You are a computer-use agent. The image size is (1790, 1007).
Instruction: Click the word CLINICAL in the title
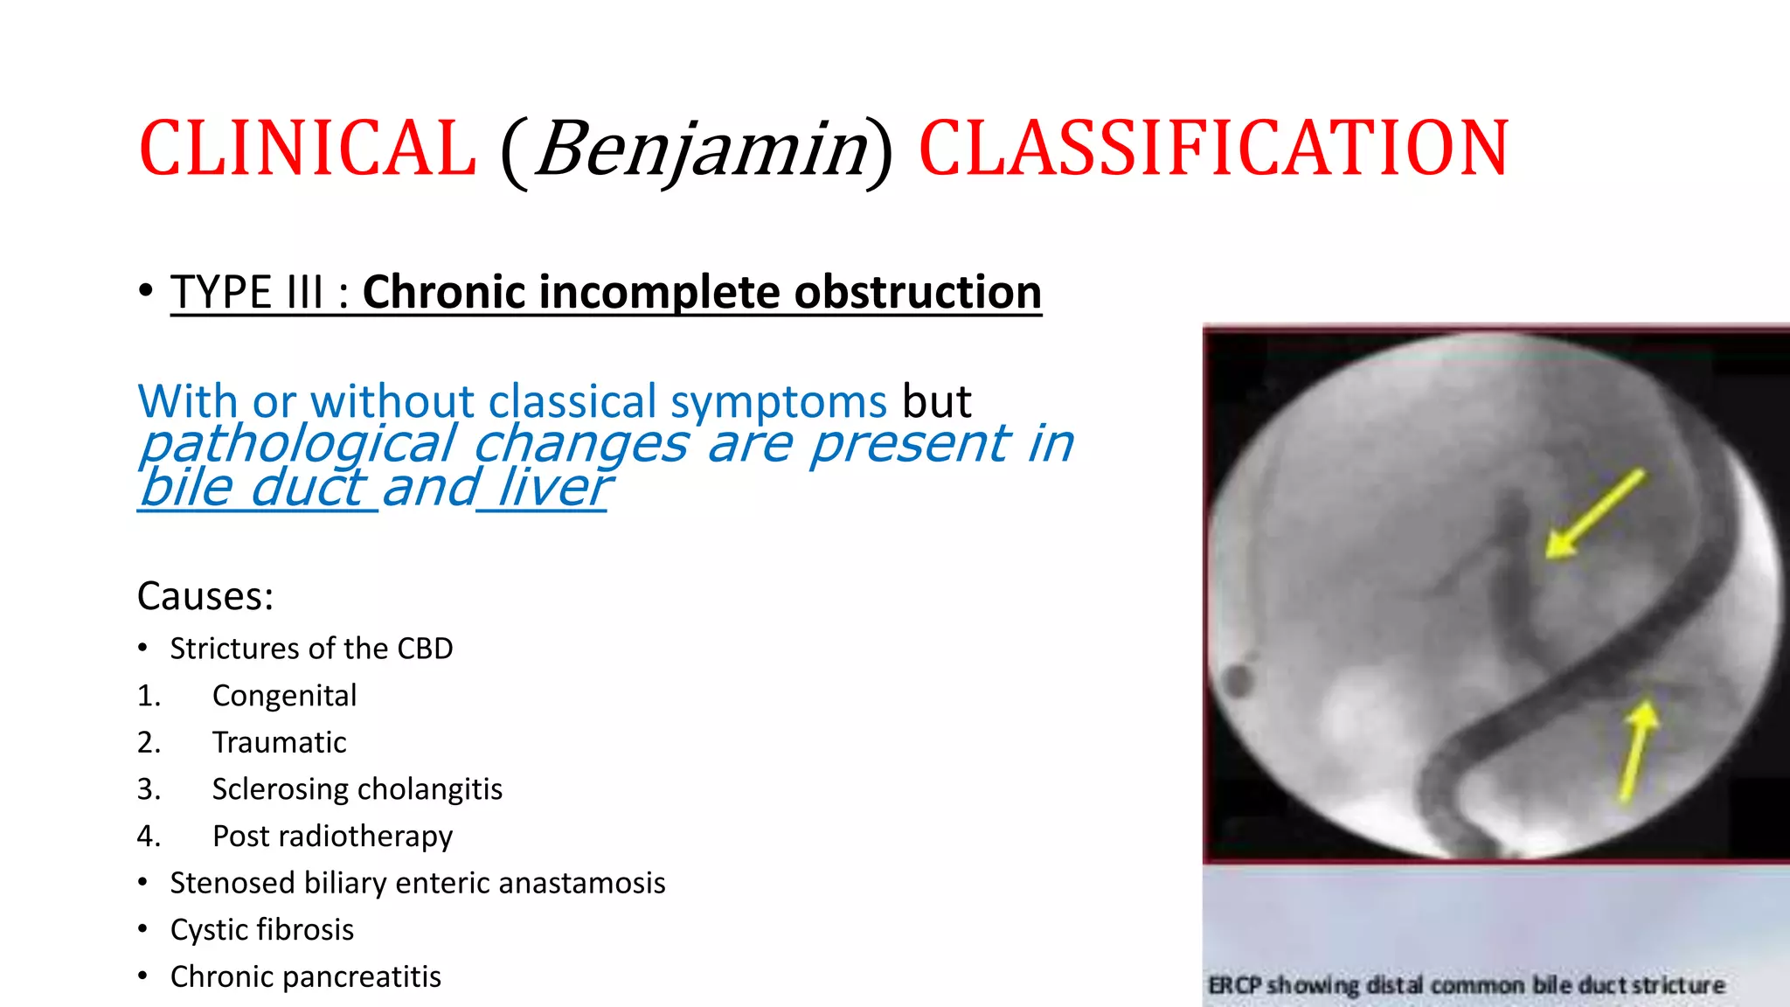308,149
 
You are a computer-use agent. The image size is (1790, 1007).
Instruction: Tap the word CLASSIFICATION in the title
1213,149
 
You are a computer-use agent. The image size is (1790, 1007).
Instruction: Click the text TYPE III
247,292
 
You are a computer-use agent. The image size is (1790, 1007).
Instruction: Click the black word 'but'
936,402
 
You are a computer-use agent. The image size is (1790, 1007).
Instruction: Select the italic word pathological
298,444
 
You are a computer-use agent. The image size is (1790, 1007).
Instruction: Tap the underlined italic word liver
552,488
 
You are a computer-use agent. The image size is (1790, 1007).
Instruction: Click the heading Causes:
205,596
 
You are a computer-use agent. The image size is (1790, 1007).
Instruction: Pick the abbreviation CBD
425,649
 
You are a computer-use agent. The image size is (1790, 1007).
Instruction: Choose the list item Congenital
284,696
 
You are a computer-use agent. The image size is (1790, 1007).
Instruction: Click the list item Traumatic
279,742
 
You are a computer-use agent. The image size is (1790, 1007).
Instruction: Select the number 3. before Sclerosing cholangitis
149,789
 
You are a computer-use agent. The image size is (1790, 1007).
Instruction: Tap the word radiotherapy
366,837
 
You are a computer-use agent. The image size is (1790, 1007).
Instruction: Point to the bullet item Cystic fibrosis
261,930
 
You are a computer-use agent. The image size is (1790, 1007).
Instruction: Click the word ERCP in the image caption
1234,985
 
